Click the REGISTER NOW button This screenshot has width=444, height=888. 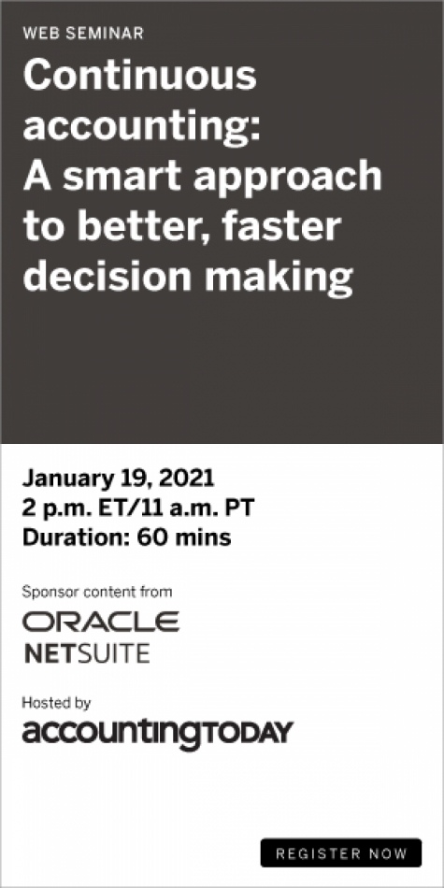[341, 852]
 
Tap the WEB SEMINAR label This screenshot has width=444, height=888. [83, 34]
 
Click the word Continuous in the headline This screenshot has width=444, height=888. [140, 76]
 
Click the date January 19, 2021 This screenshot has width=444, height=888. [119, 480]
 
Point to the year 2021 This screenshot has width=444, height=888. [187, 479]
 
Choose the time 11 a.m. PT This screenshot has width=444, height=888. [200, 508]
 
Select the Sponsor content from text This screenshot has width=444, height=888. [97, 593]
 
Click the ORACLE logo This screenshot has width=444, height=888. [101, 622]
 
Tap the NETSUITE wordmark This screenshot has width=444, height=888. [87, 653]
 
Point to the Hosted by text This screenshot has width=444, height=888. [56, 704]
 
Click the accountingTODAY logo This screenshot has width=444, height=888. [157, 734]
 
